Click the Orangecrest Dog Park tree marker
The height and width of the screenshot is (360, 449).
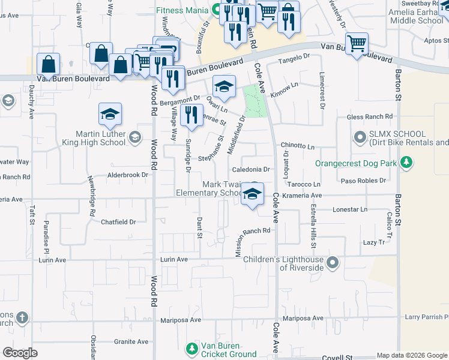tap(407, 163)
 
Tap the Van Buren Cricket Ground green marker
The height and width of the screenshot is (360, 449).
tap(191, 349)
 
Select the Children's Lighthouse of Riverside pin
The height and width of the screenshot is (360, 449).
tap(334, 263)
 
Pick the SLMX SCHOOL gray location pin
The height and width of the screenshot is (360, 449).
tap(360, 138)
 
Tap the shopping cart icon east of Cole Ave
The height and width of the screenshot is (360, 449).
tap(357, 43)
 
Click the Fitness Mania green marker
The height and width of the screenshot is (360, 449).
tap(215, 10)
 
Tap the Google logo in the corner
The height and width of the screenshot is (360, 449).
tap(20, 352)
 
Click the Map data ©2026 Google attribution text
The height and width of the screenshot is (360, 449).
tap(412, 355)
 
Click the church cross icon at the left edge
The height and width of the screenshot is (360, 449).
tap(22, 317)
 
